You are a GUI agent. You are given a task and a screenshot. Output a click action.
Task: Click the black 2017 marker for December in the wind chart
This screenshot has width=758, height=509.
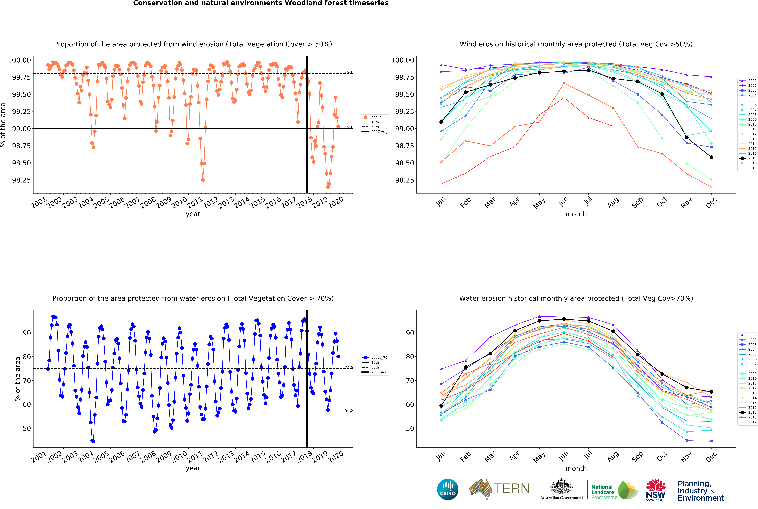711,157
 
